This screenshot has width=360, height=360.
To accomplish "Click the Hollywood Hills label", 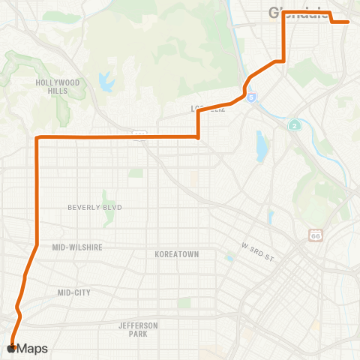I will click(x=57, y=86).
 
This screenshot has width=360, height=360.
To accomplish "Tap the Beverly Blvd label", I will click(x=94, y=207).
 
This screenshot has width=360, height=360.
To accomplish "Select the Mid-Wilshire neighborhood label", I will click(x=77, y=246).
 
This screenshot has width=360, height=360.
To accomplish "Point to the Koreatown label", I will click(x=176, y=254).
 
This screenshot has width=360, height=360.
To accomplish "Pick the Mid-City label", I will click(x=73, y=292).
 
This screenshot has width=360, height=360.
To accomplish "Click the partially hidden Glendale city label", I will click(x=300, y=11).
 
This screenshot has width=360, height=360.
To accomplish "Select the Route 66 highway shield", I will click(x=315, y=235).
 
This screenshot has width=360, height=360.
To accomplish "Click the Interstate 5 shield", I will click(x=251, y=97).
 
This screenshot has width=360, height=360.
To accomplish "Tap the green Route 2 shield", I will click(x=295, y=125).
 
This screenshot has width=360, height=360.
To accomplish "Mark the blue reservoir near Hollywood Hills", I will click(x=103, y=79).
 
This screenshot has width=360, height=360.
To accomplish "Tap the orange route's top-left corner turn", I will click(x=37, y=137).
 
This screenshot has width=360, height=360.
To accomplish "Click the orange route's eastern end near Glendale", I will click(x=349, y=22).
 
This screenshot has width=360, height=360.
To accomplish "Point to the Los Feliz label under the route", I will click(x=205, y=109).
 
